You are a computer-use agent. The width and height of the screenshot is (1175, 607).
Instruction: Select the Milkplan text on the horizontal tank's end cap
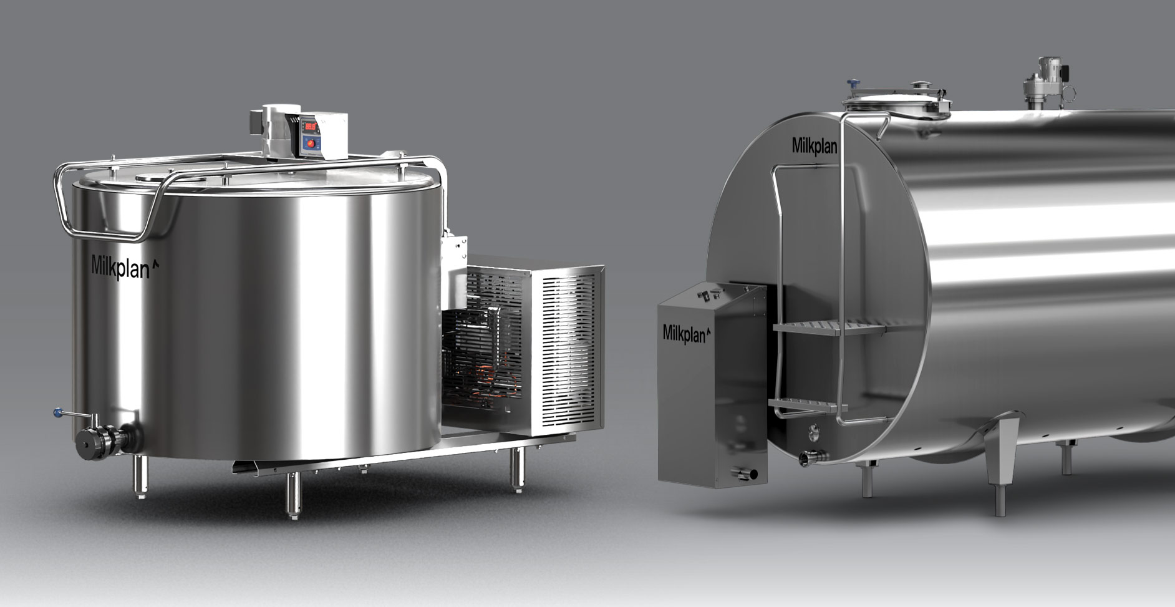pos(814,145)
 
